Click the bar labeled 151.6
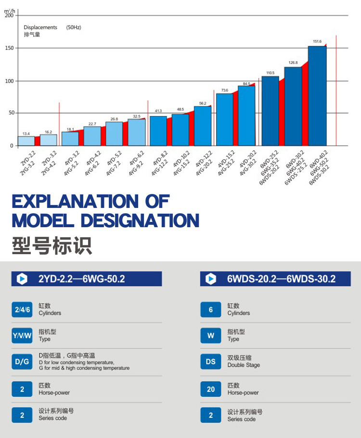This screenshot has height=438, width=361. (x=317, y=96)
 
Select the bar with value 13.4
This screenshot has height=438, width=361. (x=26, y=141)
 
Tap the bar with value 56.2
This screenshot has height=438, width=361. (x=203, y=126)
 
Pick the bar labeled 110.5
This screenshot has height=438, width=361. (x=270, y=111)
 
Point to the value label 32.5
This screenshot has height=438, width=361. (x=137, y=116)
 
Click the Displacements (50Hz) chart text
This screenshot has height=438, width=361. (x=52, y=27)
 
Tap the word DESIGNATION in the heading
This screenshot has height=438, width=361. (x=140, y=220)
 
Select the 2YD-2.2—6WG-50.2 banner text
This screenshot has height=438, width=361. (x=81, y=279)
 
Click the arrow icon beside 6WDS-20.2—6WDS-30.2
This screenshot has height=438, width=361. (x=210, y=279)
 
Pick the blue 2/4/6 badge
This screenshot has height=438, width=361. (x=22, y=309)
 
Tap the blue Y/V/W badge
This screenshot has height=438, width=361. (x=22, y=335)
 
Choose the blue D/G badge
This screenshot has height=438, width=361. (x=22, y=361)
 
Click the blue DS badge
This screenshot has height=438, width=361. (x=211, y=361)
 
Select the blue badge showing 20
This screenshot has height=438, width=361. (x=211, y=388)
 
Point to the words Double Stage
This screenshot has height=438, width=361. (x=244, y=365)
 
